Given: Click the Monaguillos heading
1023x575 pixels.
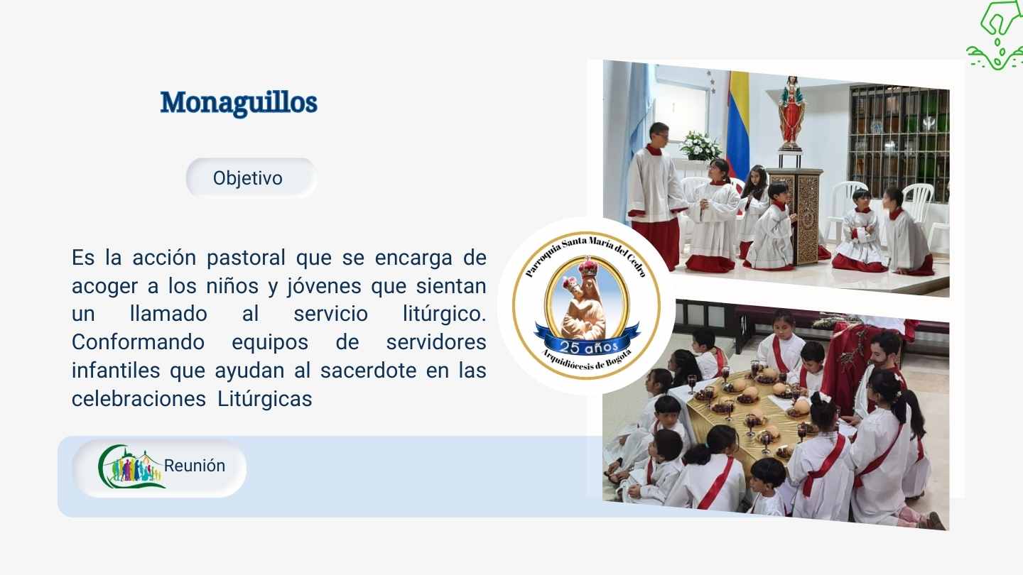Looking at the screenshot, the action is click(x=239, y=103).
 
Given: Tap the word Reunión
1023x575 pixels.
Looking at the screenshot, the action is click(x=195, y=466).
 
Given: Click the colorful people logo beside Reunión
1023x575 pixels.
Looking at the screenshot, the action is click(x=130, y=466).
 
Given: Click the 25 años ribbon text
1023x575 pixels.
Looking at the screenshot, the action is click(x=589, y=347).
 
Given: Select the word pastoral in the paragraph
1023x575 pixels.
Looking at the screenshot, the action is click(x=246, y=258).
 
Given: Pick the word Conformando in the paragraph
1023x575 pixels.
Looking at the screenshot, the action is click(x=138, y=342).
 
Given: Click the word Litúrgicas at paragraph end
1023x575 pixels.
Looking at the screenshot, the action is click(x=264, y=399).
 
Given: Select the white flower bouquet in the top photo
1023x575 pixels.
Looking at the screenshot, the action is click(x=700, y=146).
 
